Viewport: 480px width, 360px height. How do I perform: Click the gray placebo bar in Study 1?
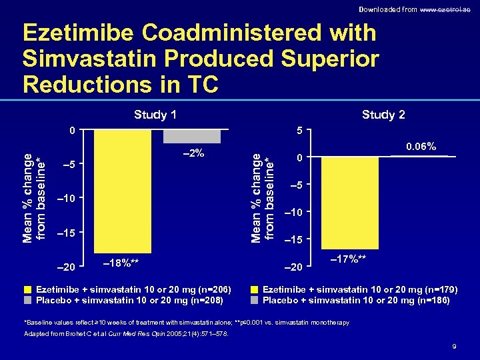pos(192,136)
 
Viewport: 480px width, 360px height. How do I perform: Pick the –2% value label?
pos(193,154)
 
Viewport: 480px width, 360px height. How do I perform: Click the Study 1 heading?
pos(155,115)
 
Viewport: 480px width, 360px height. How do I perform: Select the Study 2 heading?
pos(383,115)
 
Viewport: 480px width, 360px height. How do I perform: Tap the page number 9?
pos(453,346)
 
